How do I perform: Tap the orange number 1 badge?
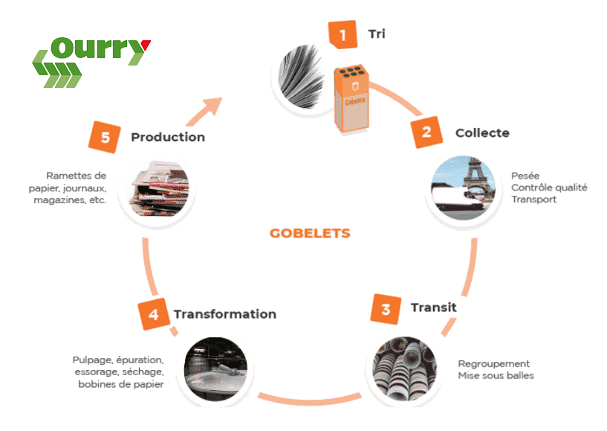343,35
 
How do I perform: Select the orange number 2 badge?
426,133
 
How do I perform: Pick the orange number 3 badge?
386,309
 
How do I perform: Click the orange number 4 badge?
153,314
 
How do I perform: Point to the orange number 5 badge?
106,137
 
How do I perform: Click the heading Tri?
377,34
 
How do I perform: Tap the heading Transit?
433,307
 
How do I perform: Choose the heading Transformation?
224,314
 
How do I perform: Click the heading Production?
168,137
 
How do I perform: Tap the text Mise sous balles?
496,376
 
